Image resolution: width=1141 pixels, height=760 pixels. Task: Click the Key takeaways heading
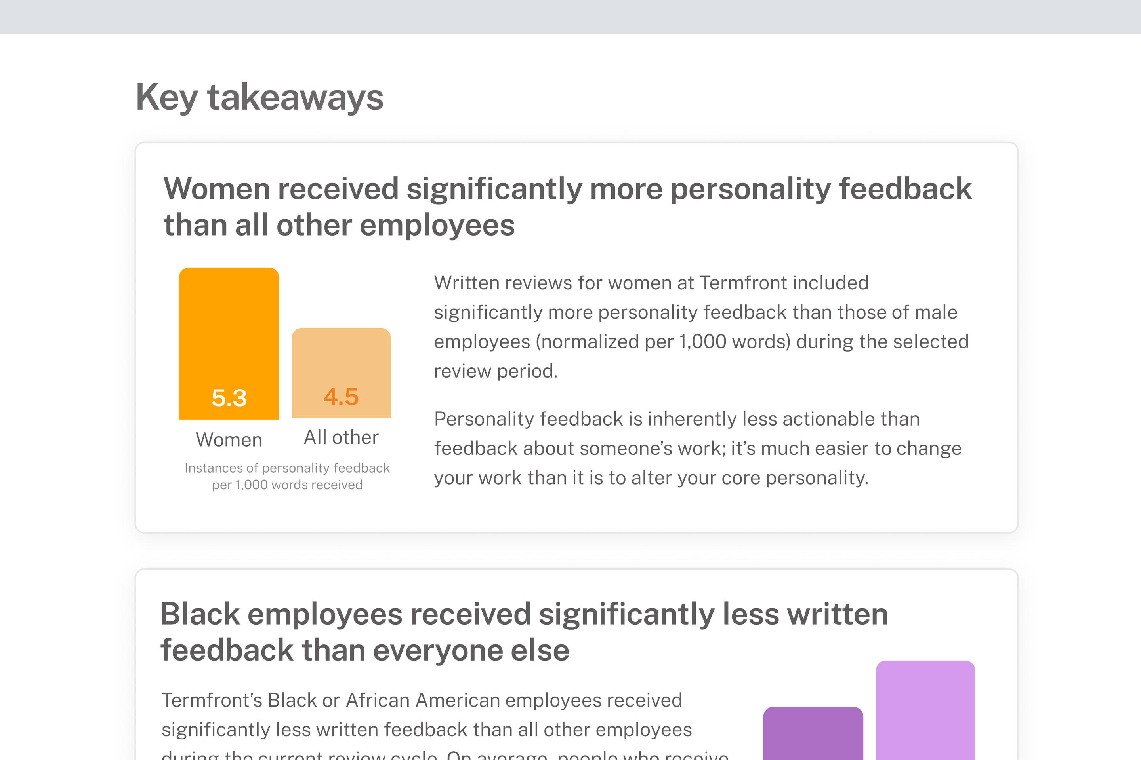tap(259, 97)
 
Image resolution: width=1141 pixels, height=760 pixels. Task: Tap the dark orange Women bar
tap(229, 330)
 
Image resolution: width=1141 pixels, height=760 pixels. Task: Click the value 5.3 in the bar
tap(229, 398)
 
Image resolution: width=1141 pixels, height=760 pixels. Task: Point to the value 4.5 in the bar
tap(341, 397)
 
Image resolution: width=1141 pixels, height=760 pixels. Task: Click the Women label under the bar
tap(229, 440)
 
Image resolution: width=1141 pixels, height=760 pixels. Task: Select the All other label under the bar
tap(341, 437)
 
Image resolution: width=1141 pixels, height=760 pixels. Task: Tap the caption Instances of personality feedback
tap(287, 468)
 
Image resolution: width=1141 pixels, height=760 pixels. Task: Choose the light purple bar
tap(925, 710)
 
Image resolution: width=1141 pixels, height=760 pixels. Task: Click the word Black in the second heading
tap(200, 614)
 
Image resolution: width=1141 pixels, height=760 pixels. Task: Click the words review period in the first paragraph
tap(495, 371)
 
